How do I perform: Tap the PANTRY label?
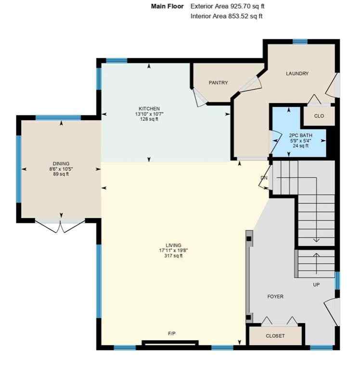coord(218,83)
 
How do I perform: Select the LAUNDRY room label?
coord(297,74)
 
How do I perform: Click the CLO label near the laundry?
coord(319,116)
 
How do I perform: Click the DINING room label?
coord(61,163)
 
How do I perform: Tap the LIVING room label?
coord(171,245)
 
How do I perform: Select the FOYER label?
coord(275,296)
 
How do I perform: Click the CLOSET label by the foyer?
coord(275,336)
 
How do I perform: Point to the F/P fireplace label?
coord(171,333)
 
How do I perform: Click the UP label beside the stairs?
coord(316,285)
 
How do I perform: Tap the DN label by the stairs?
coord(264,178)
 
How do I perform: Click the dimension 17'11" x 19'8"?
coord(171,251)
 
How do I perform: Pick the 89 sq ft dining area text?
coord(61,174)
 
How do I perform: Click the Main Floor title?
coord(167,7)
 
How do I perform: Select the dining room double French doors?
coord(60,225)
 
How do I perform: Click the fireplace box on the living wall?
coord(169,344)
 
